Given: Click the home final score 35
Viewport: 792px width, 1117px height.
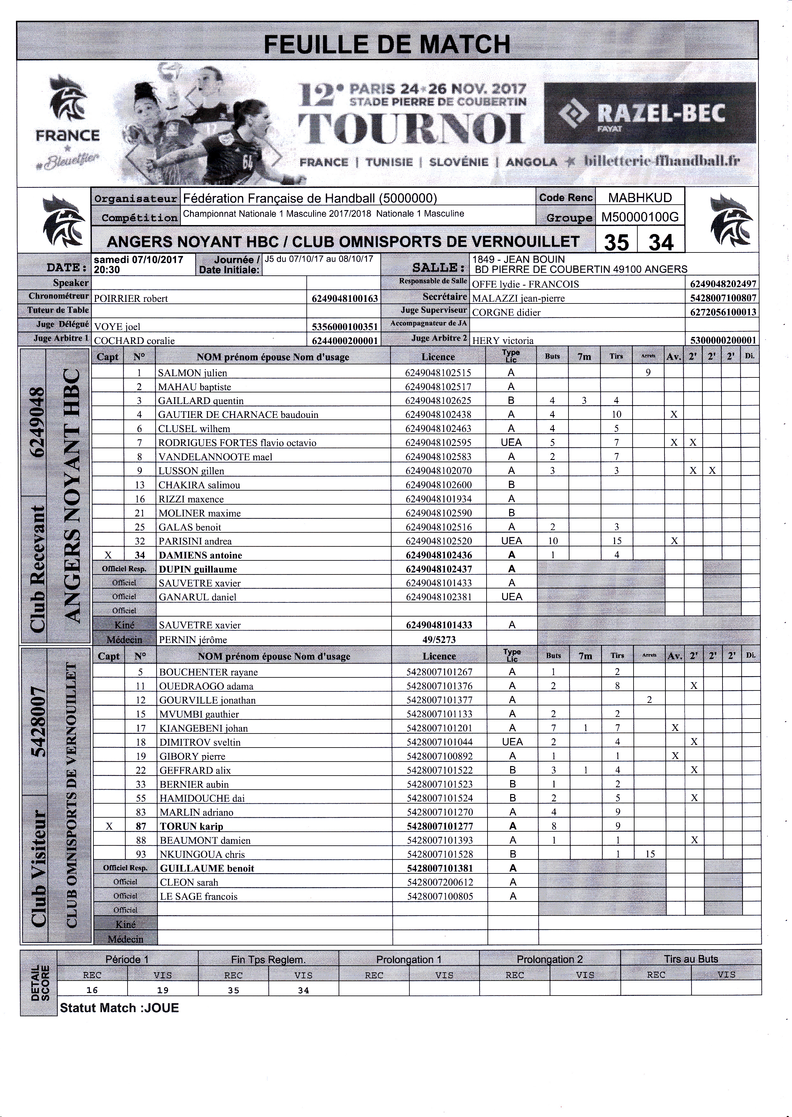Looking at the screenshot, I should click(616, 242).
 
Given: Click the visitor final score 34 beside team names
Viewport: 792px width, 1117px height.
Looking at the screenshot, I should click(661, 242).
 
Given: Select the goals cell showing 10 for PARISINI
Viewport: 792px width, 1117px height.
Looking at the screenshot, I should click(552, 541).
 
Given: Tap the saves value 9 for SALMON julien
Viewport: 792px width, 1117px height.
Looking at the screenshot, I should click(648, 373).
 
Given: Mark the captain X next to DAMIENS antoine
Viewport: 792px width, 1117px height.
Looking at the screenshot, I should click(108, 555).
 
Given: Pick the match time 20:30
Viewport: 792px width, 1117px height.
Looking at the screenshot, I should click(107, 270).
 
